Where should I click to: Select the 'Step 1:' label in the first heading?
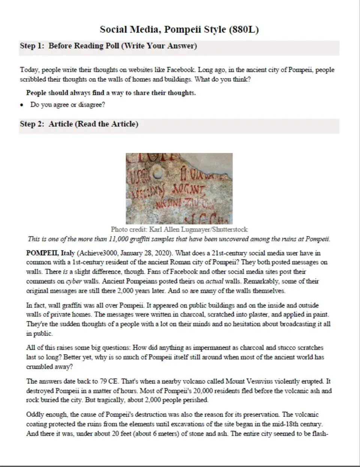33,46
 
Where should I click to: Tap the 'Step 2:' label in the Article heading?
33,124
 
